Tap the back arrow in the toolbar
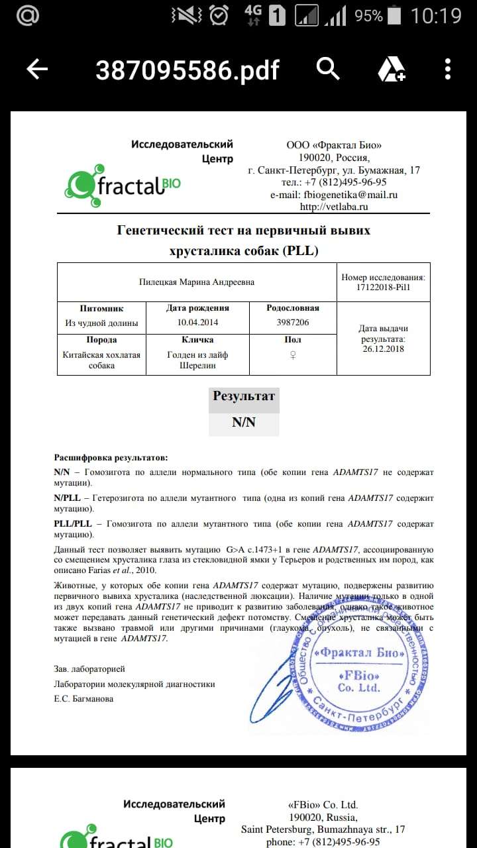point(37,69)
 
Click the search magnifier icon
point(328,68)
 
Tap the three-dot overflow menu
point(449,69)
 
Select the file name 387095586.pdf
point(187,70)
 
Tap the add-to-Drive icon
point(391,69)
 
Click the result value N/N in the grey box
point(243,422)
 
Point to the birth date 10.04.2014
point(197,323)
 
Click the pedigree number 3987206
point(292,323)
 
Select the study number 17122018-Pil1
point(383,288)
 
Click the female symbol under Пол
point(292,354)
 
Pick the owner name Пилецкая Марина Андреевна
point(197,282)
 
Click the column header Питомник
point(101,308)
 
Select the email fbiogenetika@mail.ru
point(350,194)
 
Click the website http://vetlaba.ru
point(334,207)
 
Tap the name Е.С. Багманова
point(83,698)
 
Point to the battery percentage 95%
point(368,16)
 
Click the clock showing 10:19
point(436,16)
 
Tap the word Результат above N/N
point(243,396)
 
